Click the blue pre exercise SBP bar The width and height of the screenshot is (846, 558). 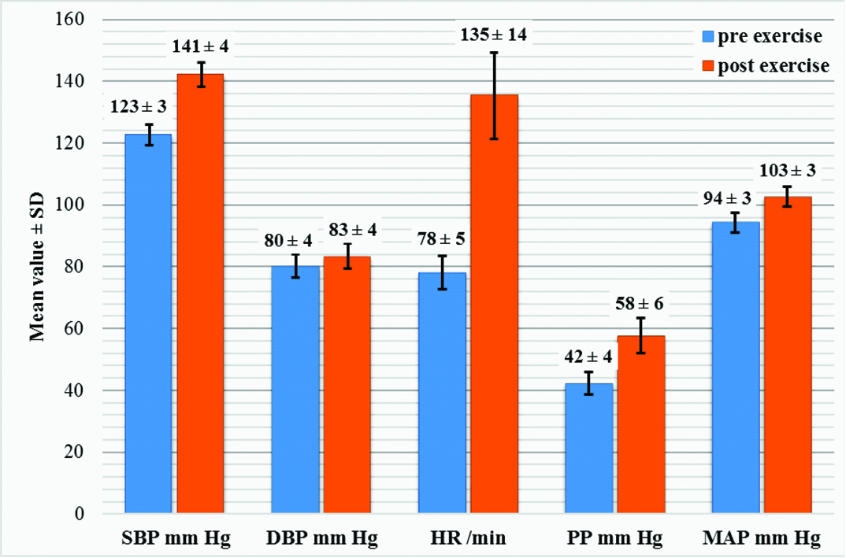click(x=148, y=323)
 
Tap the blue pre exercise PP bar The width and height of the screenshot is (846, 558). click(x=588, y=448)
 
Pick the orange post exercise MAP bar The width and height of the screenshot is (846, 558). click(x=788, y=354)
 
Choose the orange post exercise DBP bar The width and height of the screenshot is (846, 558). click(x=347, y=385)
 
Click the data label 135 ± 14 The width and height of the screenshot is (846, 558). click(x=493, y=35)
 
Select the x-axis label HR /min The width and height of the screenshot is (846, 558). click(x=468, y=539)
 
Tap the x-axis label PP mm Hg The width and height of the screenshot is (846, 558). click(x=614, y=539)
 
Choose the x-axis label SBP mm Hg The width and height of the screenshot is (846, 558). click(x=175, y=539)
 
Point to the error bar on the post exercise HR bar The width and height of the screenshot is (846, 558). click(x=494, y=95)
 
